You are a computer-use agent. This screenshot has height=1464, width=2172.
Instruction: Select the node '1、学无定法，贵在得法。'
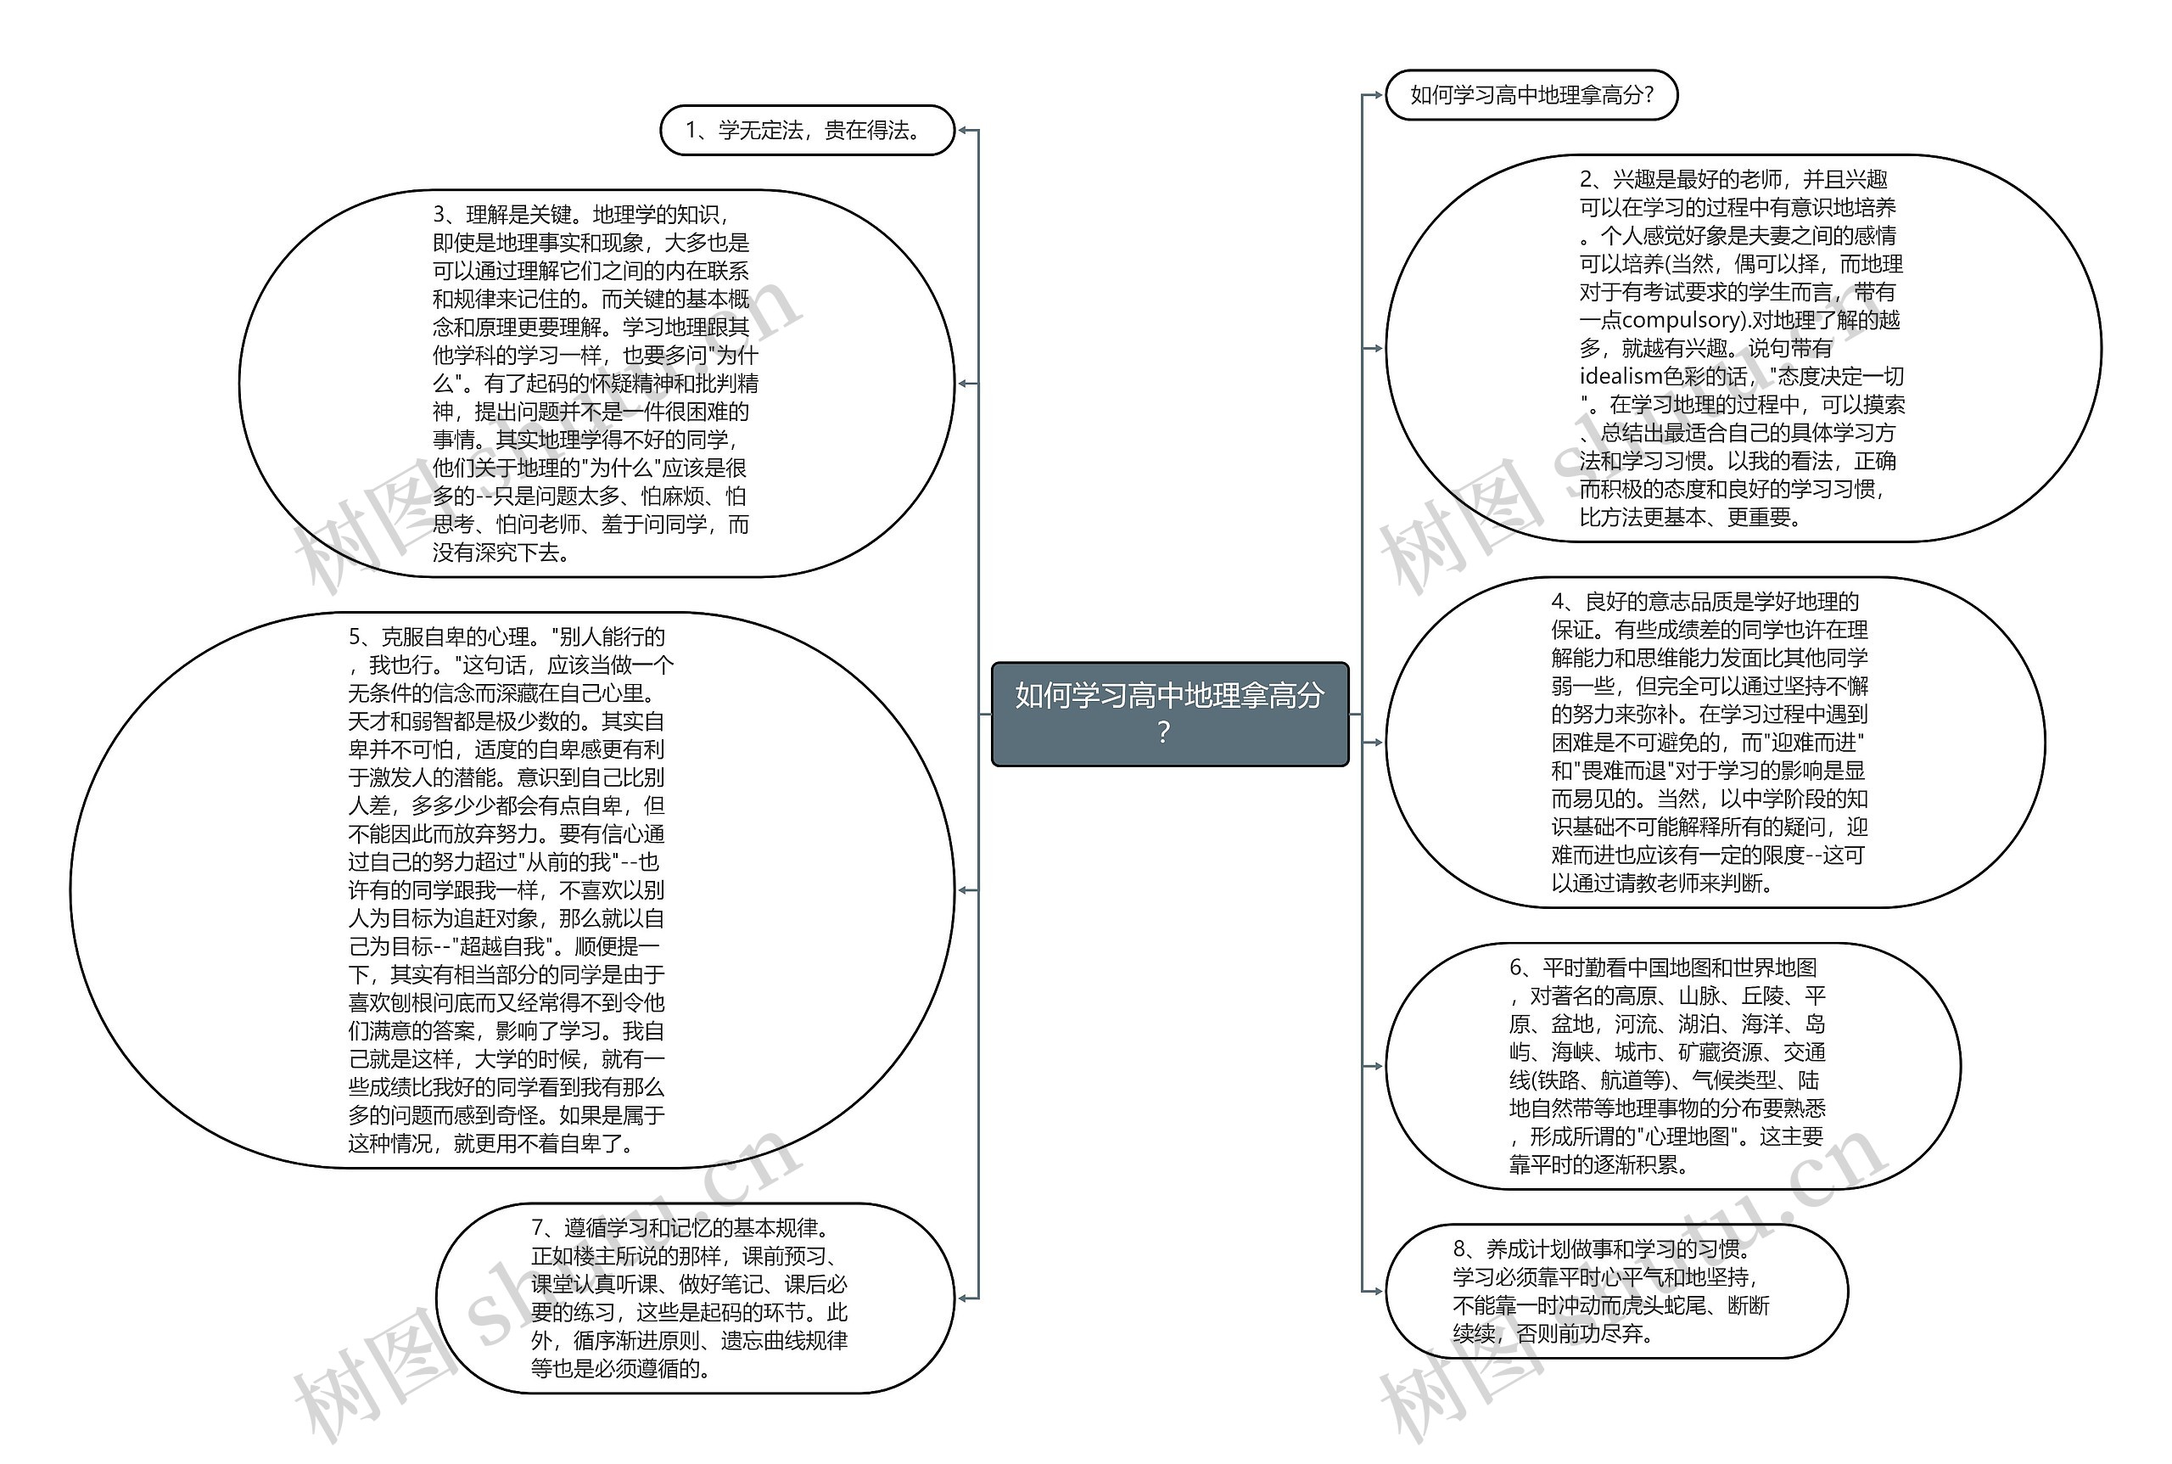tap(807, 131)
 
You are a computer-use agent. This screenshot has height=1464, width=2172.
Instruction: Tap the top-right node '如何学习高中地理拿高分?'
tap(1531, 95)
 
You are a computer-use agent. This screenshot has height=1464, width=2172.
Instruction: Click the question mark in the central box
tap(1163, 733)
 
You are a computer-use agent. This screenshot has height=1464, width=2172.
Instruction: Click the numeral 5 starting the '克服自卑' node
tap(355, 637)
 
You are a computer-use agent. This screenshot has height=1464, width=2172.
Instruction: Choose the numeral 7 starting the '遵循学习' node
tap(538, 1228)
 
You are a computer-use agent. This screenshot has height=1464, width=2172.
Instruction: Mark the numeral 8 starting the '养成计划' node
tap(1459, 1249)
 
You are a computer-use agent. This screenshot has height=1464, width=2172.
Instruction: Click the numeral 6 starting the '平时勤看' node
tap(1516, 968)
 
